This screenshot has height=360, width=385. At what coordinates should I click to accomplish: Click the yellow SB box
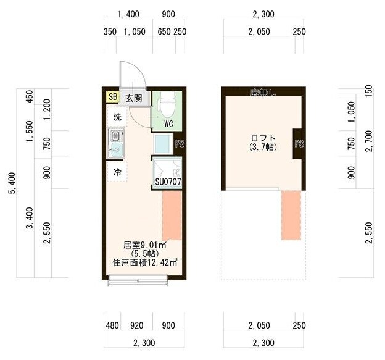[x=113, y=96]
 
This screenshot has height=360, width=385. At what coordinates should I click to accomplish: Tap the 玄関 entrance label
[x=134, y=98]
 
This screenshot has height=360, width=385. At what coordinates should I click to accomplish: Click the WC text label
[x=168, y=124]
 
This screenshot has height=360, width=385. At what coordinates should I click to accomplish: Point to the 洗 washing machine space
[x=117, y=117]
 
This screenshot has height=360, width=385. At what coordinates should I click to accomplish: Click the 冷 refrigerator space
[x=117, y=172]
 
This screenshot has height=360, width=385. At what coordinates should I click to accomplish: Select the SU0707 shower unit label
[x=168, y=182]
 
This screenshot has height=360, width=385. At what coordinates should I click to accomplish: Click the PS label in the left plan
[x=180, y=144]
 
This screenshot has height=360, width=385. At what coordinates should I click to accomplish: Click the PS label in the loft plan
[x=299, y=144]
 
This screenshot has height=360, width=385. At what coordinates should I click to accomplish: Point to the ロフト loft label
[x=263, y=138]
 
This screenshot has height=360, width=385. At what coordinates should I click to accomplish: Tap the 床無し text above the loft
[x=263, y=93]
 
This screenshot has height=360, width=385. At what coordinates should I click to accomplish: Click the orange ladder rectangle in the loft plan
[x=291, y=215]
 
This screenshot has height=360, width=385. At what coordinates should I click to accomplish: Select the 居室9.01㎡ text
[x=145, y=245]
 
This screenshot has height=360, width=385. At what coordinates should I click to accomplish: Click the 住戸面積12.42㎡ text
[x=145, y=262]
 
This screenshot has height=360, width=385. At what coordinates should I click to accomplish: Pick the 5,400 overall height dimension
[x=12, y=183]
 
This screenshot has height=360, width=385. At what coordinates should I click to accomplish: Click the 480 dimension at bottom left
[x=112, y=325]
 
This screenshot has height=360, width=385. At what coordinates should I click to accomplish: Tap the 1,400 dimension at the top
[x=129, y=14]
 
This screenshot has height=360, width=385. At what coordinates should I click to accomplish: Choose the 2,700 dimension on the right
[x=369, y=141]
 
